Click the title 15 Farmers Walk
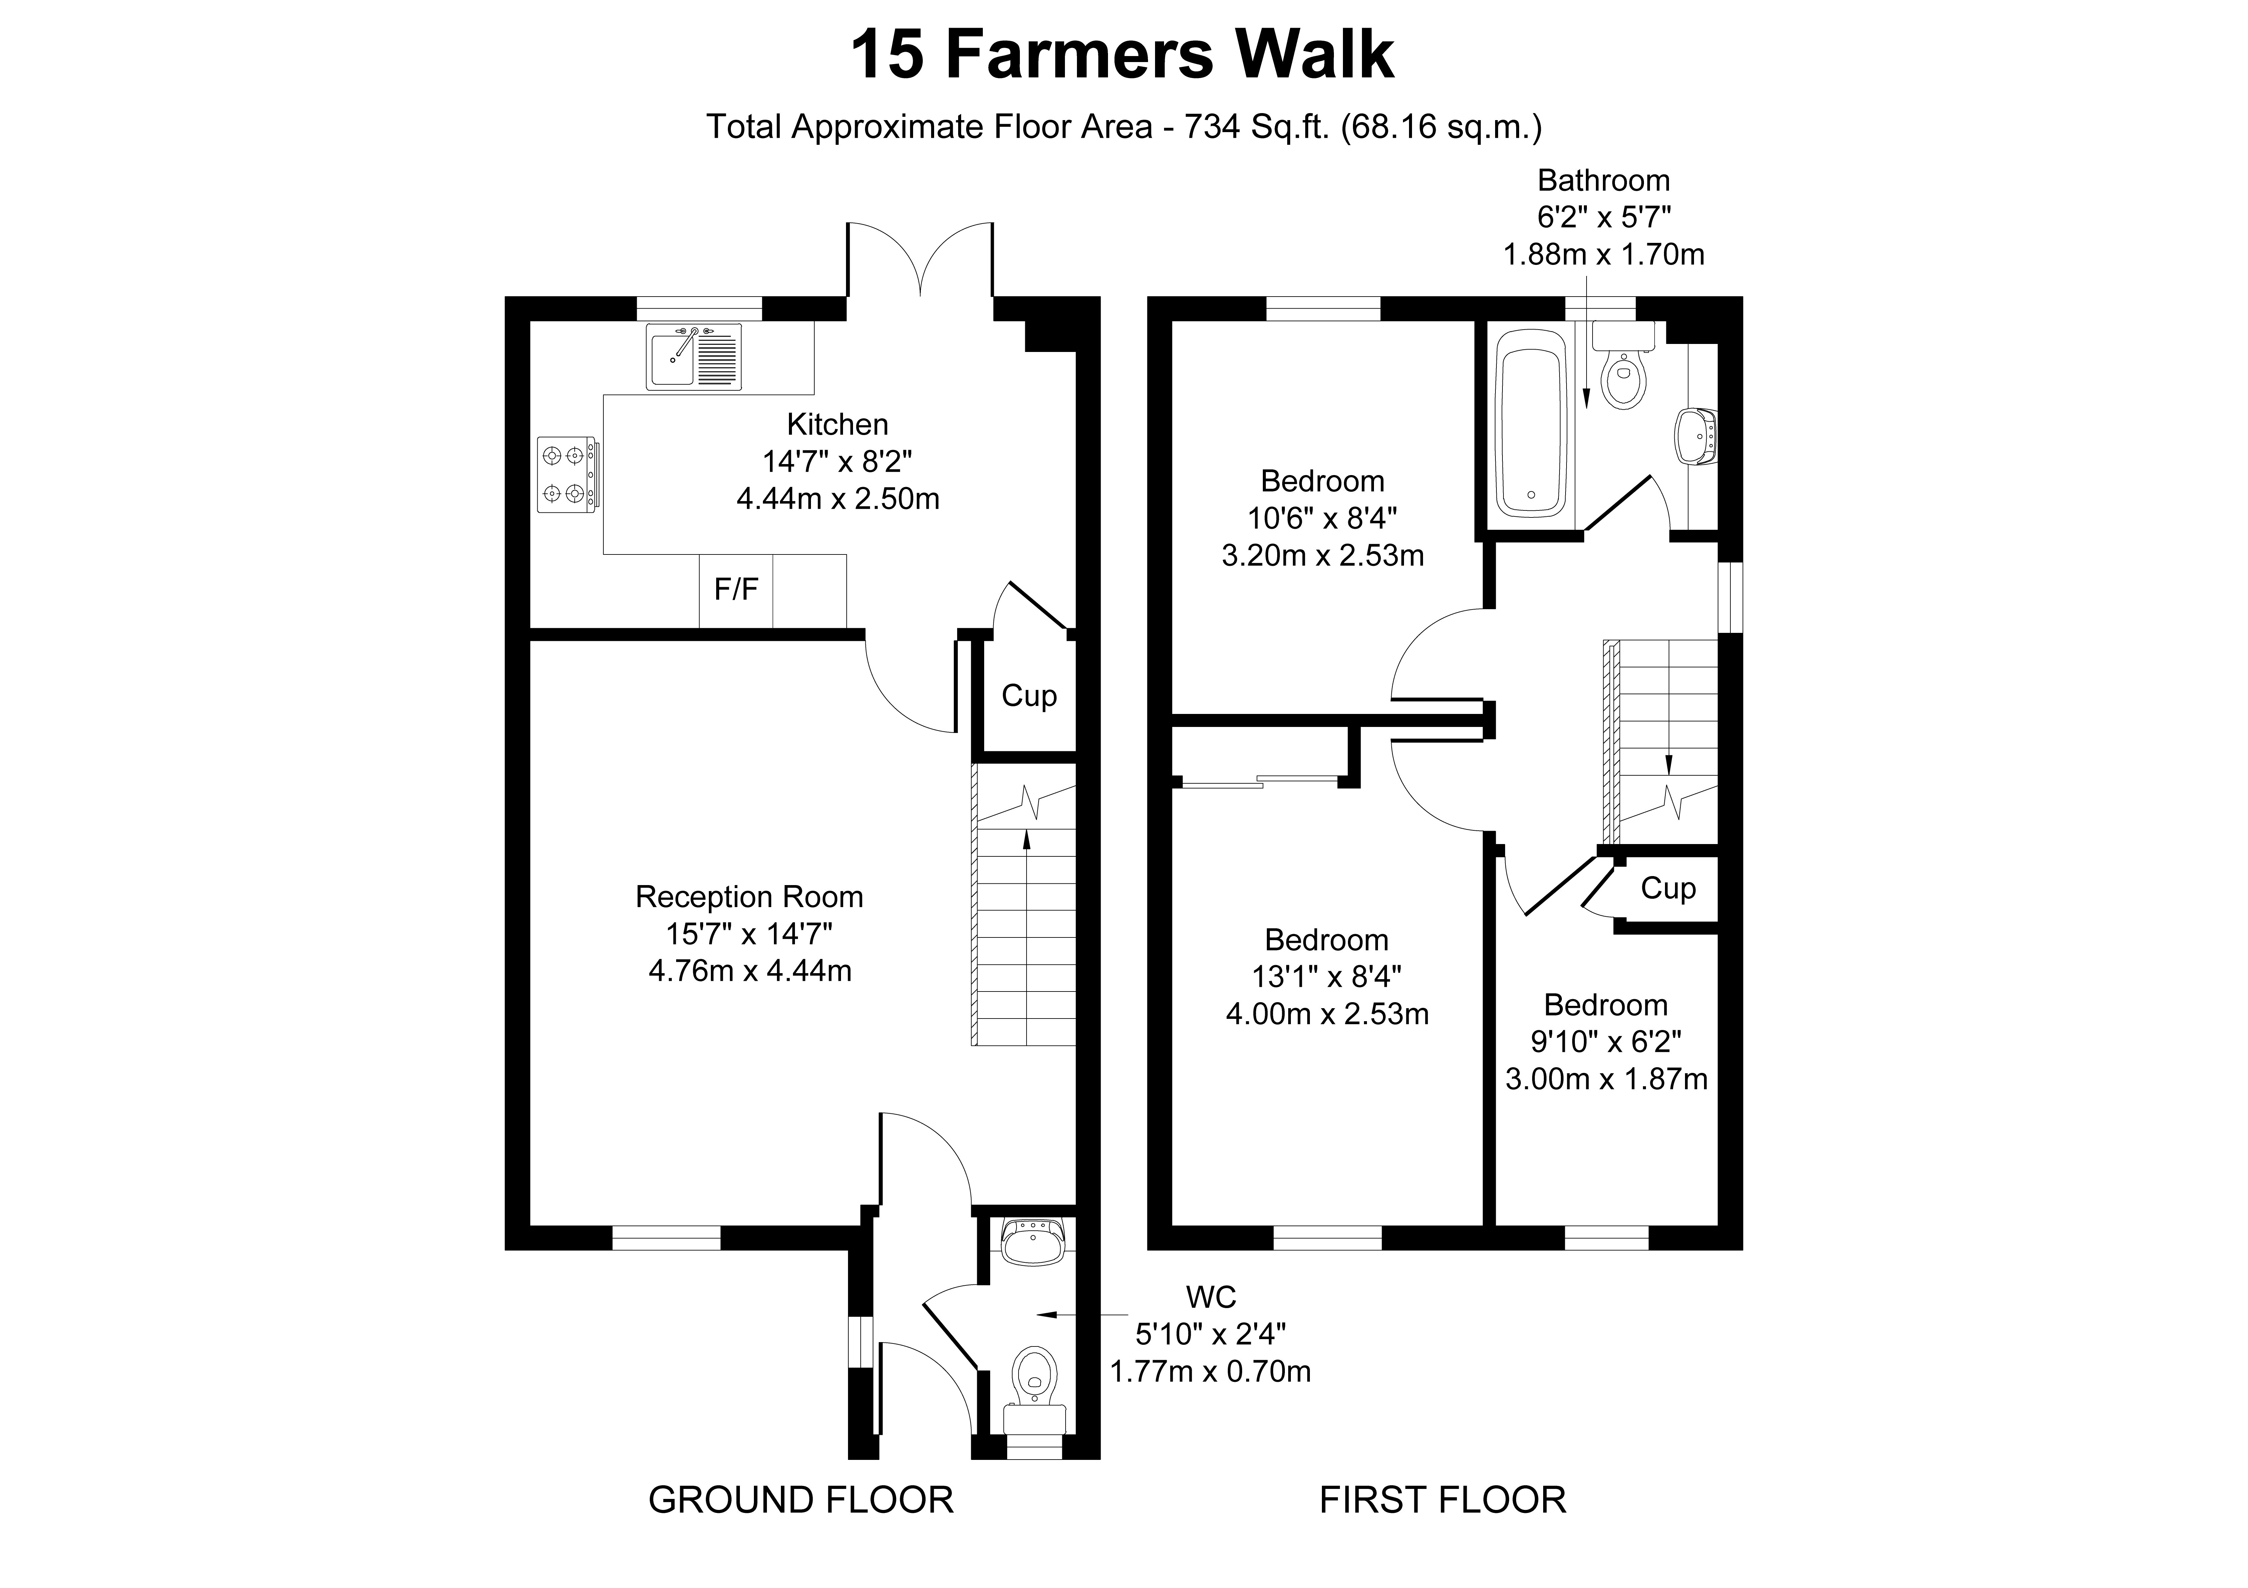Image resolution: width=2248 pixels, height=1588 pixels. [1122, 56]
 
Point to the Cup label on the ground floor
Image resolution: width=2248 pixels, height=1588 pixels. [1029, 696]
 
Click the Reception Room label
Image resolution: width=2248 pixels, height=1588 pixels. [749, 897]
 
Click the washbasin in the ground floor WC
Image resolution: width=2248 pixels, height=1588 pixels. [1033, 1241]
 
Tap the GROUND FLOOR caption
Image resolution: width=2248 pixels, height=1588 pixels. [801, 1499]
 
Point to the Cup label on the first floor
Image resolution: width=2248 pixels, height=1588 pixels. [1668, 888]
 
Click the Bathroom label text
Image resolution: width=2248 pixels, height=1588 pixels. [1604, 180]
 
